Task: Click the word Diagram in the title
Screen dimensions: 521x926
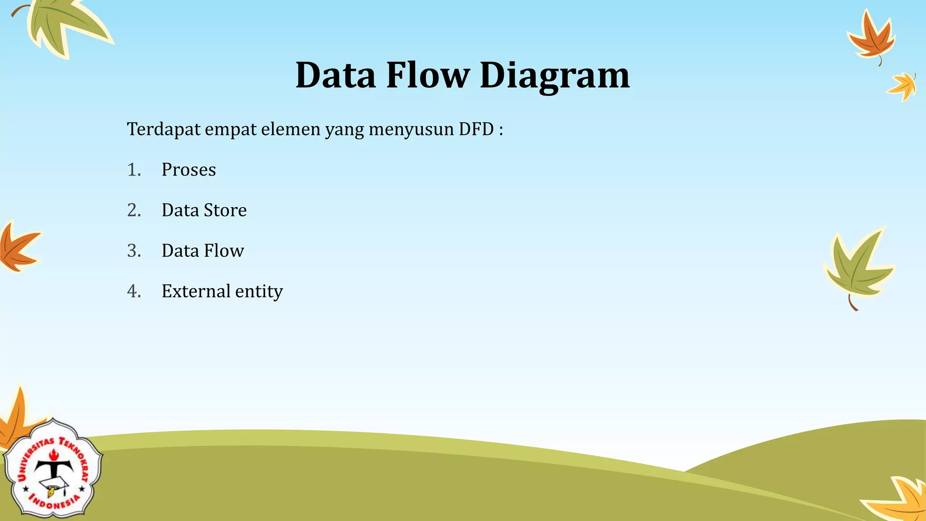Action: [x=554, y=76]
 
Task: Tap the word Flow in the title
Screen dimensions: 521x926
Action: [x=428, y=75]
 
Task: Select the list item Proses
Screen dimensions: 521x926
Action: [x=189, y=170]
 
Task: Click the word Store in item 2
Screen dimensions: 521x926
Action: [x=225, y=210]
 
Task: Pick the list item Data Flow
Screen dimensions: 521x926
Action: [x=203, y=251]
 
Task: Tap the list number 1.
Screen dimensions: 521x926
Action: [x=134, y=170]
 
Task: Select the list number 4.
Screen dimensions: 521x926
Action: [x=134, y=291]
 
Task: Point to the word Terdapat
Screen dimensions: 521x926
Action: [x=164, y=130]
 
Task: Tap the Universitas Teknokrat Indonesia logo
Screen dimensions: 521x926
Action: [x=53, y=469]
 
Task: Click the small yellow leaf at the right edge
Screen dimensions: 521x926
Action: [x=903, y=86]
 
